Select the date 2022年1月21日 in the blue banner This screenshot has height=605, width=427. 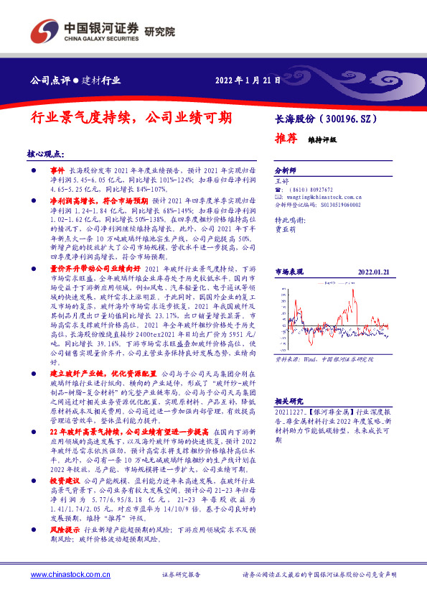pos(248,80)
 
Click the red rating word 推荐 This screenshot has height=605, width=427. pos(286,138)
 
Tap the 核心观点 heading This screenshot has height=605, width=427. pos(44,154)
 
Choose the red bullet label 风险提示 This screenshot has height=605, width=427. pos(65,529)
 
